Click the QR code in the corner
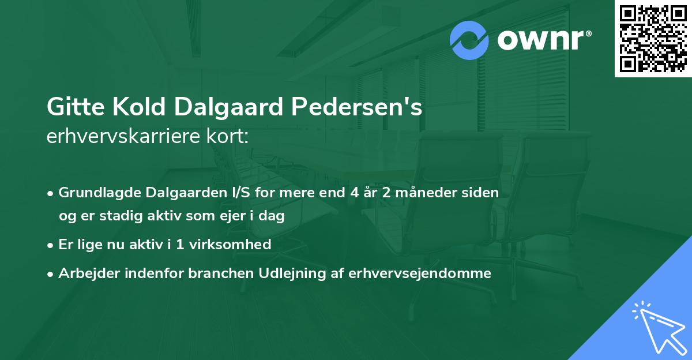[x=653, y=38]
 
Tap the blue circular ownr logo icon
[x=469, y=40]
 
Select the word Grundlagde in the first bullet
[x=96, y=193]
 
